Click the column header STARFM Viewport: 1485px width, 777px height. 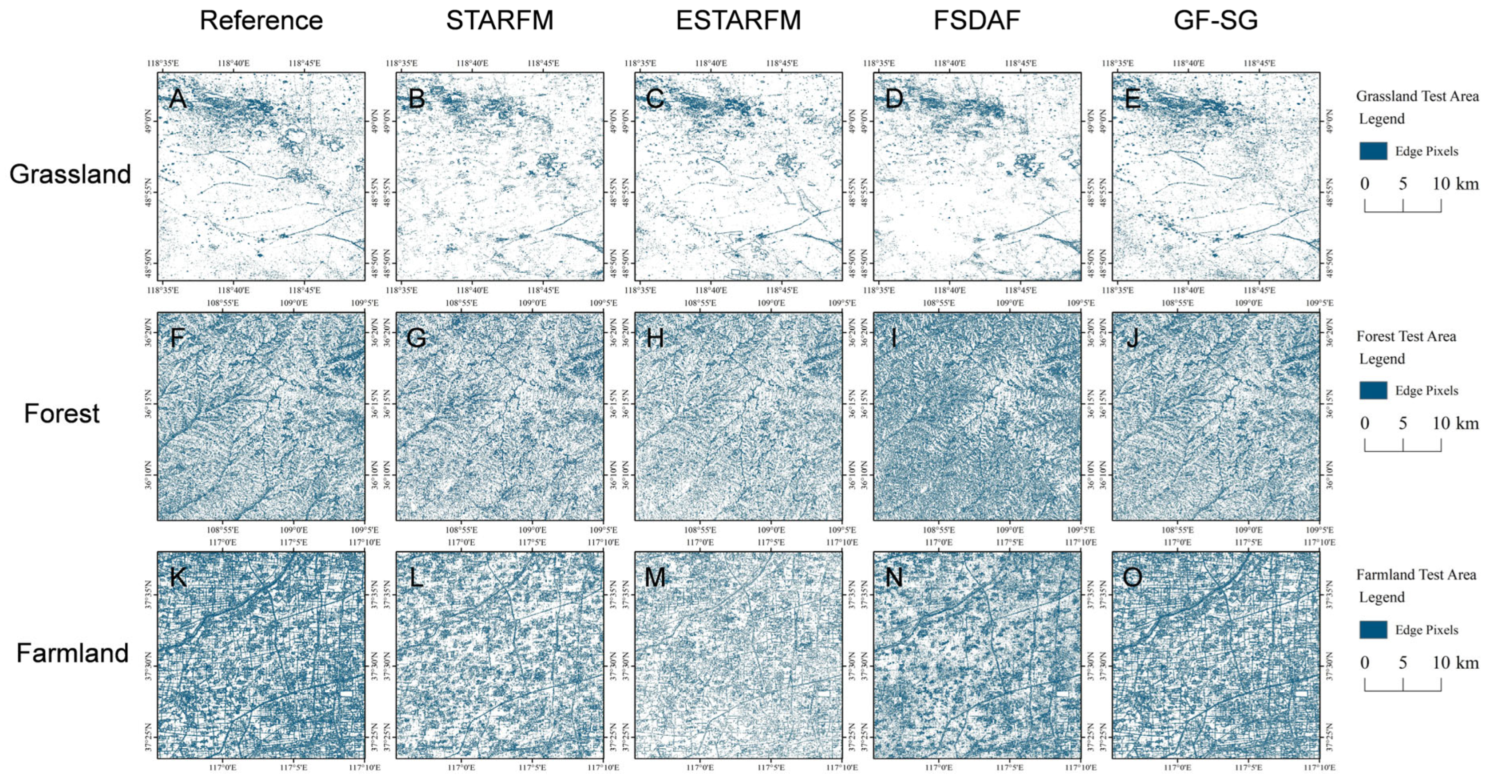coord(499,21)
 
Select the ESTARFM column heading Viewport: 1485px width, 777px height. coord(738,21)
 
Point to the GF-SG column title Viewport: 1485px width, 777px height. coord(1215,21)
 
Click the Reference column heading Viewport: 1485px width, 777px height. coord(261,21)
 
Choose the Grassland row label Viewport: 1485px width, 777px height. coord(70,174)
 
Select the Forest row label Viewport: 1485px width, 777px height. coord(62,413)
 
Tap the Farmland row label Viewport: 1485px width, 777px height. coord(72,653)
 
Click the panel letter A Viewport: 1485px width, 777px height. coord(178,99)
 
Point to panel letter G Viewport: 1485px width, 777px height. coord(416,338)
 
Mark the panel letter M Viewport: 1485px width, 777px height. coord(655,577)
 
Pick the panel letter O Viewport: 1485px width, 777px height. coord(1132,577)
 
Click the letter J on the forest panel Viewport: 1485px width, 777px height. coord(1132,338)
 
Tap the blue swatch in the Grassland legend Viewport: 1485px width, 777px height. coord(1373,151)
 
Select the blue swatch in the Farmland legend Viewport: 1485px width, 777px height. coord(1373,629)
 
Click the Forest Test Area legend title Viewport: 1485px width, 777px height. coord(1406,336)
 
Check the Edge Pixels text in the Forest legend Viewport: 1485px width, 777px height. coord(1426,391)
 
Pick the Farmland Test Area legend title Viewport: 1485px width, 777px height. coord(1416,575)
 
